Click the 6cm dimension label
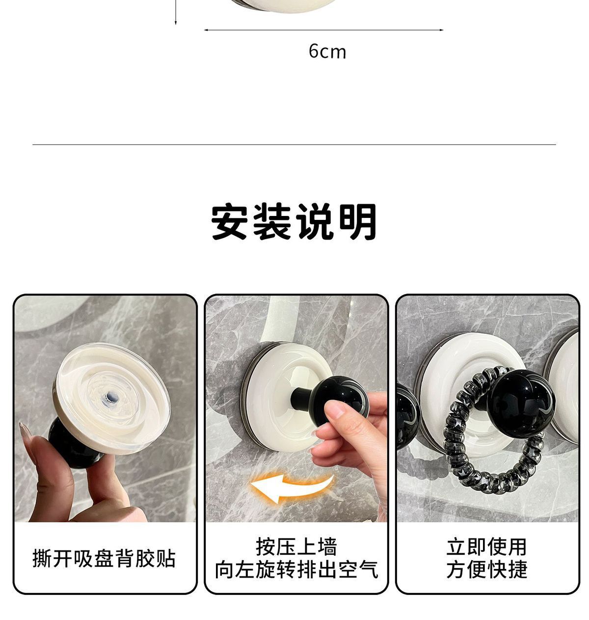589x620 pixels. coord(327,52)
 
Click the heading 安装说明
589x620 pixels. coord(293,222)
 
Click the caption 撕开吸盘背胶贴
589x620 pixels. coord(104,559)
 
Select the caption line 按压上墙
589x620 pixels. coord(296,547)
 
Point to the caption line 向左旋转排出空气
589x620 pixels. coord(296,570)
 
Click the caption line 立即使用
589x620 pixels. coord(486,547)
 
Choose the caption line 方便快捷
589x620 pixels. coord(486,569)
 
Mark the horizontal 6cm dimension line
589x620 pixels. coord(323,30)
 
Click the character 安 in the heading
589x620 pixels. coord(229,222)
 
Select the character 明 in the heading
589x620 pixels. coord(358,222)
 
